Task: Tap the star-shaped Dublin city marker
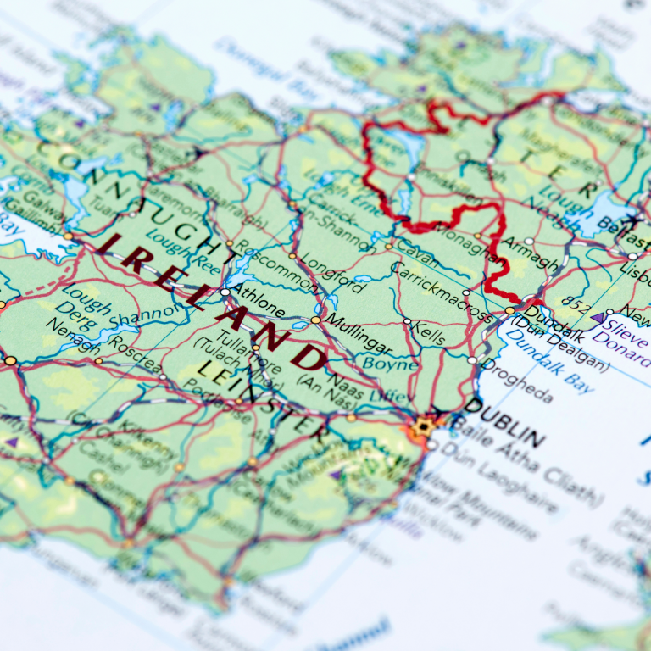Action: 422,426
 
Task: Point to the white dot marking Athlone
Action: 225,292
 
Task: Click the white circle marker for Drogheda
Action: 472,360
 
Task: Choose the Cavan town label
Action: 418,250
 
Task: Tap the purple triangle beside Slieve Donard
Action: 598,319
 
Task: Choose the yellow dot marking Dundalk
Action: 509,311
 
